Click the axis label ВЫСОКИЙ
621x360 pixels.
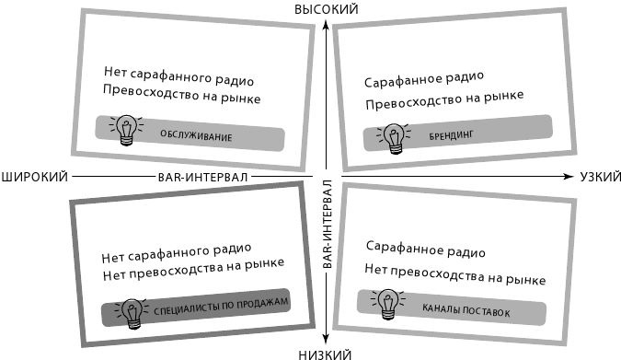[325, 8]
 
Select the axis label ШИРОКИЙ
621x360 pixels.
[34, 175]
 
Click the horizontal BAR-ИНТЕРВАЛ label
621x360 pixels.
[196, 175]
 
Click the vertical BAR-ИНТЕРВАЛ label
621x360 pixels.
[327, 224]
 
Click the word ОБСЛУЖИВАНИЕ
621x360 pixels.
[195, 137]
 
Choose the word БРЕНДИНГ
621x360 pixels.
[450, 135]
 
